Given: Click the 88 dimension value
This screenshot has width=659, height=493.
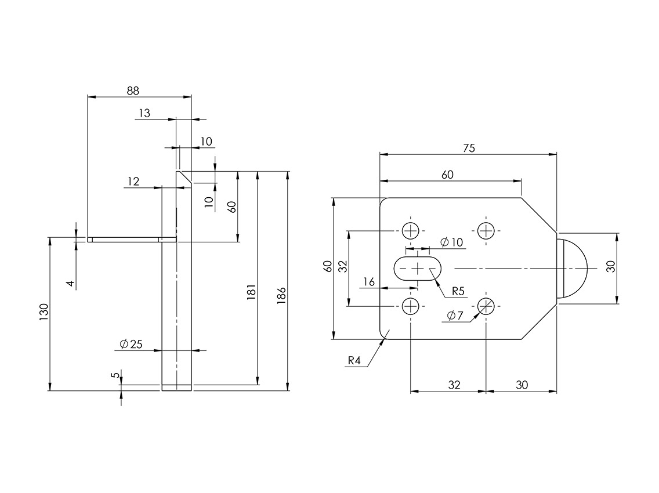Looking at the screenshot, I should point(133,90).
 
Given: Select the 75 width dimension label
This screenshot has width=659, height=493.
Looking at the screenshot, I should point(469,148).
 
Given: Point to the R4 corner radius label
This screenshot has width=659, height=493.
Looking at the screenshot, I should point(354,361).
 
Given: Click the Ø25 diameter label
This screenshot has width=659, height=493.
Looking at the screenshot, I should point(131,344).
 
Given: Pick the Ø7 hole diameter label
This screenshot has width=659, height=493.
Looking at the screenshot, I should point(455,316).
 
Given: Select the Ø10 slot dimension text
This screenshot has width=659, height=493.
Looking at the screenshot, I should point(452,242).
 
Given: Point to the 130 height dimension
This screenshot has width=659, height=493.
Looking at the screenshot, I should point(44,313).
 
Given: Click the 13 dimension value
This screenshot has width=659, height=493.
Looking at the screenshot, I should point(144,113).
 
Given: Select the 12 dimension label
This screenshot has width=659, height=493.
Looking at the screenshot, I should point(133,182).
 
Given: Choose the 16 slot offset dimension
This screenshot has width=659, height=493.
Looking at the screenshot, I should point(368,282).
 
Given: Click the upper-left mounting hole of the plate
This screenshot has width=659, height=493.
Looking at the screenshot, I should point(411,231).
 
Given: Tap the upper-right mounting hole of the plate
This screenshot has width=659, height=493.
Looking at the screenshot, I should point(486,231).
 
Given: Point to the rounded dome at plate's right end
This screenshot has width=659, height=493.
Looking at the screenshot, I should point(573,268).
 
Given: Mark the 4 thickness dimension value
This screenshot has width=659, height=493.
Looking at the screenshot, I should point(70,283).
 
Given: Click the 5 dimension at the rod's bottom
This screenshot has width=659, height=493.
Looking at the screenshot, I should point(115,375).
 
